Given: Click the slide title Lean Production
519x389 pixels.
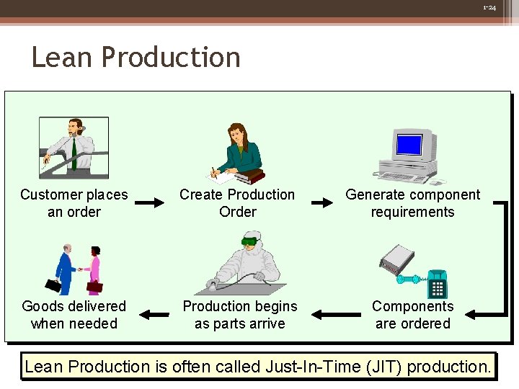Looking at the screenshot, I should [136, 58].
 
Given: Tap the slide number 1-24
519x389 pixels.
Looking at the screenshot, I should [489, 7].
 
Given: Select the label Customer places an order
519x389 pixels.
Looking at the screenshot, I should [74, 203].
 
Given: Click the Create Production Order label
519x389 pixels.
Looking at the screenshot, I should [237, 203].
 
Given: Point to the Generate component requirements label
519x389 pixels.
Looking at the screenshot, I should [412, 203].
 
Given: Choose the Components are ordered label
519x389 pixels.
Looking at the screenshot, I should [412, 315].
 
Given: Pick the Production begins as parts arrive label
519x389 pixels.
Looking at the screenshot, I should [239, 315].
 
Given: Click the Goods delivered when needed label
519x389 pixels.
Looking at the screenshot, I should [74, 315].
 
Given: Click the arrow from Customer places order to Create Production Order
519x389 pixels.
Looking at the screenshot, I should [150, 203].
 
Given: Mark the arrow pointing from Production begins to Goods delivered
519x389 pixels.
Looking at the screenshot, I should [153, 314].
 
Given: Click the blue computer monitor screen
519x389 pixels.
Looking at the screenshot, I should [409, 145].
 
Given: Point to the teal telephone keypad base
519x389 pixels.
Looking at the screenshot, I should [437, 285].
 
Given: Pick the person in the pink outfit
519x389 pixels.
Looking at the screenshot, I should [93, 271].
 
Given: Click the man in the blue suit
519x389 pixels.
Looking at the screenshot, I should [66, 270].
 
